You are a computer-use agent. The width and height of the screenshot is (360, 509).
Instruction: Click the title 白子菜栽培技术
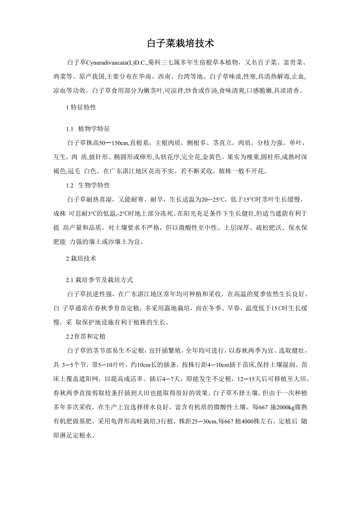point(180,43)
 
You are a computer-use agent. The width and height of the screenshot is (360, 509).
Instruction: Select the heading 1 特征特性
point(81,107)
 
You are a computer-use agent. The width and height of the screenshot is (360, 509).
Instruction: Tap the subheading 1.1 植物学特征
point(90,129)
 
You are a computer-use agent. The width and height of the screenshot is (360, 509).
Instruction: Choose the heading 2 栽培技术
point(81,258)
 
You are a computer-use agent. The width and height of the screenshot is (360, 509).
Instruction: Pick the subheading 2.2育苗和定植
point(86,336)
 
